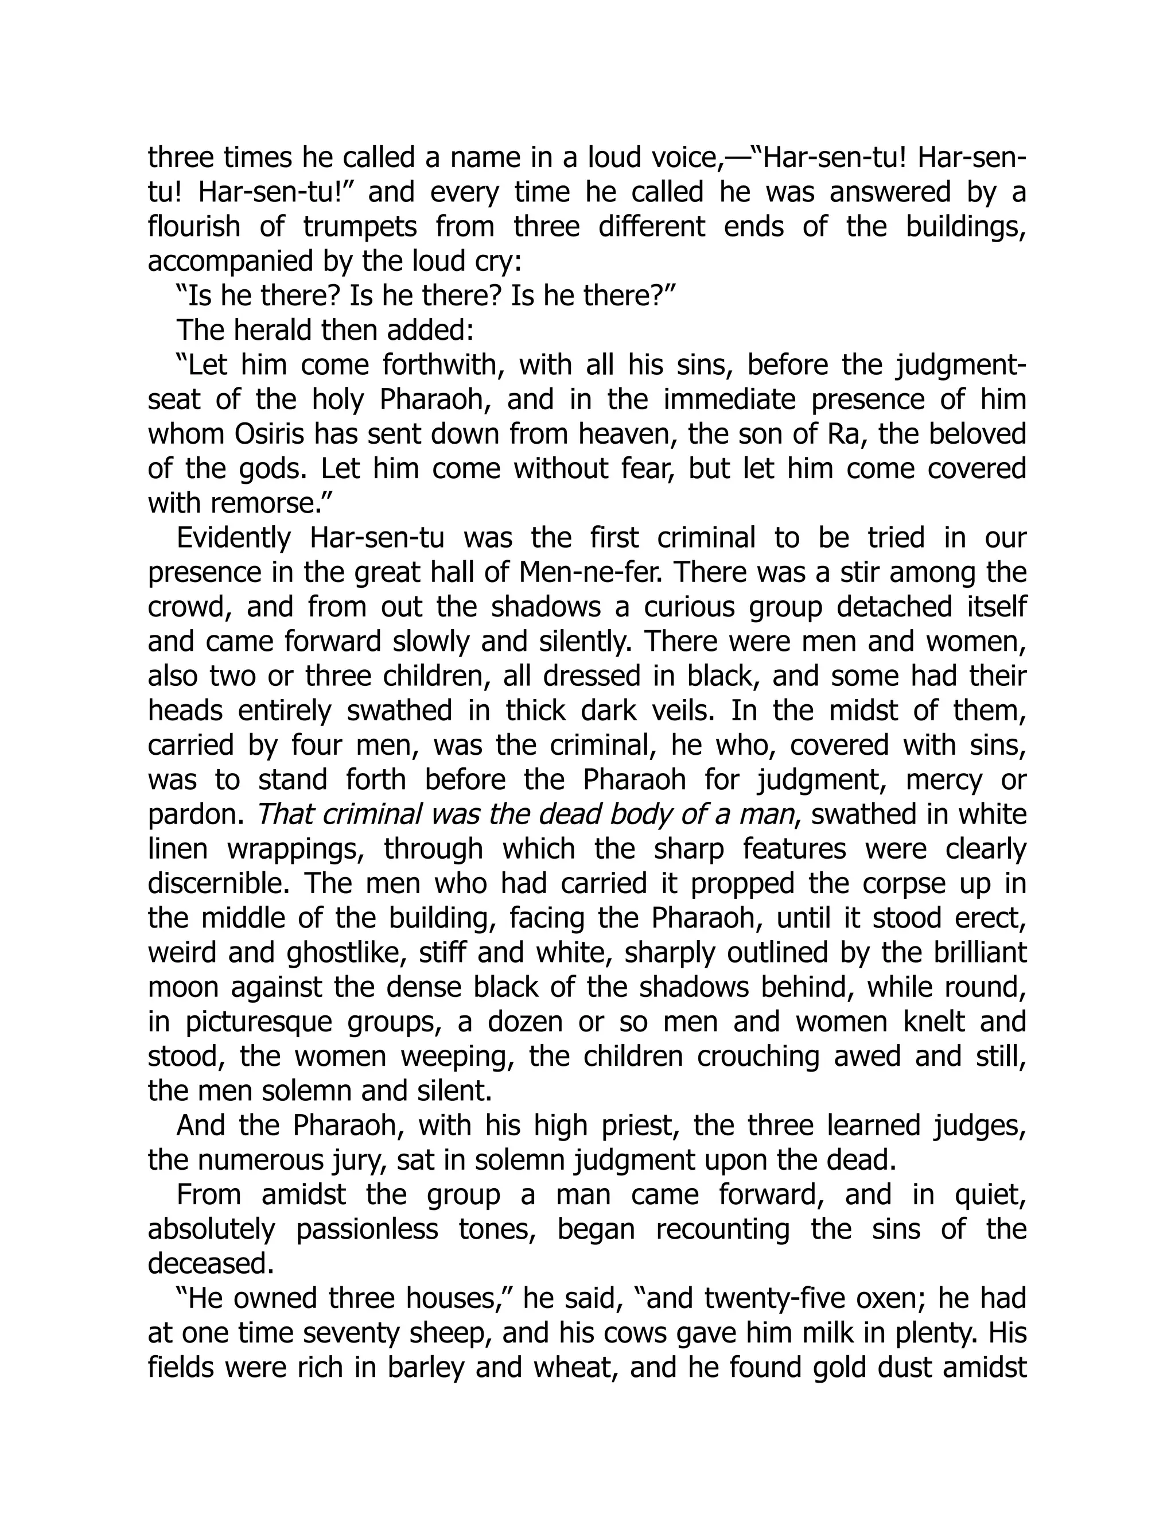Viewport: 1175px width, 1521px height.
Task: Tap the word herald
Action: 275,331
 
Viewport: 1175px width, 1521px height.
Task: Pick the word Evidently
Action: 233,538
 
